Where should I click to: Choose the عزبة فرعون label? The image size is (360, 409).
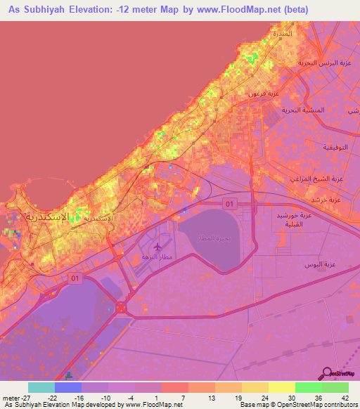coord(264,93)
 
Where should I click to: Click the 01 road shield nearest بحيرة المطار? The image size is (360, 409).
coord(229,204)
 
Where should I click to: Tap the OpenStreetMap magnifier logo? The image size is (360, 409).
coord(328,372)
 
